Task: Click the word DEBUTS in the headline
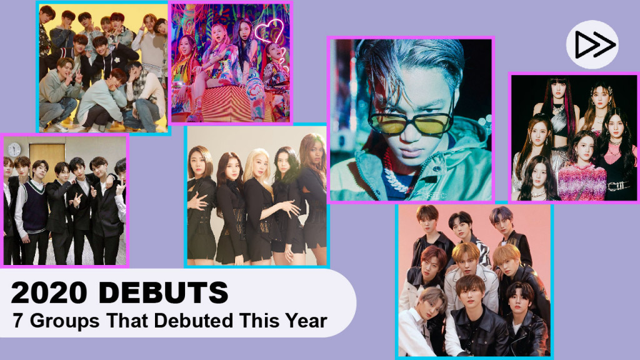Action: click(x=163, y=292)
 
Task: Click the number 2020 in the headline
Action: click(x=49, y=292)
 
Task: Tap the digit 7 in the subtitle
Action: click(x=17, y=321)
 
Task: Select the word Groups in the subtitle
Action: click(x=64, y=321)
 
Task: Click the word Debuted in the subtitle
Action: click(x=194, y=321)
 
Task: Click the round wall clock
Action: click(x=14, y=150)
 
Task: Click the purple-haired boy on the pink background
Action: click(x=503, y=222)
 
